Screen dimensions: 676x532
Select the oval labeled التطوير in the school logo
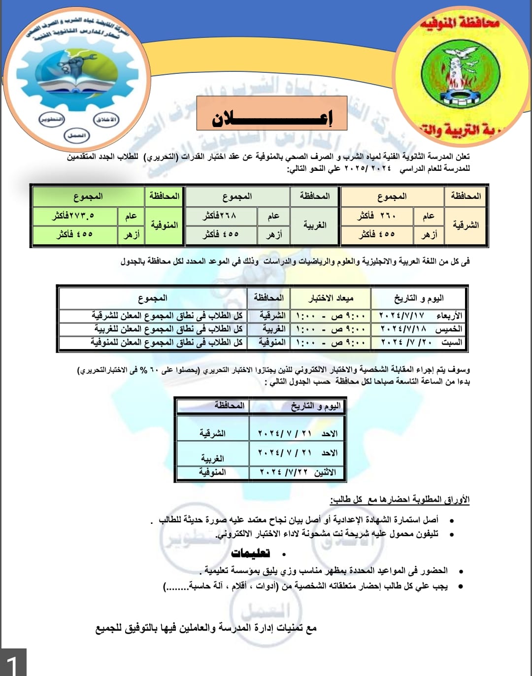pos(52,120)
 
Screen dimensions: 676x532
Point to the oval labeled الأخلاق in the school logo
pos(106,120)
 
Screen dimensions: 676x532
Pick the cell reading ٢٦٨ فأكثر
pos(221,216)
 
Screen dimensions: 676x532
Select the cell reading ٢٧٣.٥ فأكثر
pos(74,216)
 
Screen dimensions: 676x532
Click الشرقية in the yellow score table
pos(465,225)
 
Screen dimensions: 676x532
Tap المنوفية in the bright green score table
pos(165,225)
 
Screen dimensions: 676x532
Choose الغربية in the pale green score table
pos(315,225)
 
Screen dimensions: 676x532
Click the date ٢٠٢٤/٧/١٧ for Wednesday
pos(401,315)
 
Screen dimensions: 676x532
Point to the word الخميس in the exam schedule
pos(449,328)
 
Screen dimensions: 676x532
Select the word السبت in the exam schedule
pos(452,342)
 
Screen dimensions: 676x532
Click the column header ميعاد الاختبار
pos(331,298)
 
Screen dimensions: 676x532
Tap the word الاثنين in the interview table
pos(325,472)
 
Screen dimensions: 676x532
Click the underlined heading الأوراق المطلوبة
pos(399,500)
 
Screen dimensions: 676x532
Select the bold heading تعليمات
pos(250,553)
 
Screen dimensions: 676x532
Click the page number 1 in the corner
pos(13,663)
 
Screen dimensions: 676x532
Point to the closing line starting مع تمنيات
pos(206,628)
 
